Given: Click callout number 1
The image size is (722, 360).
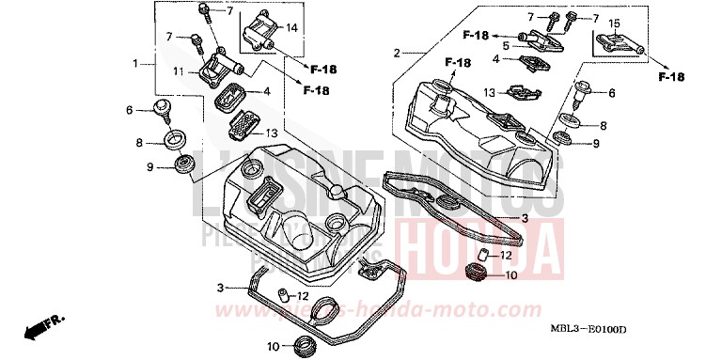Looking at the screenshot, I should click(136, 63).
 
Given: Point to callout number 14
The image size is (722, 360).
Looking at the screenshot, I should click(291, 29).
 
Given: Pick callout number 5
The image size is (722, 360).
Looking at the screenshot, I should click(506, 44).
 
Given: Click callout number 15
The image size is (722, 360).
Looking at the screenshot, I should click(614, 23).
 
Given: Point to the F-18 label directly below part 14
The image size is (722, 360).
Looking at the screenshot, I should click(322, 70).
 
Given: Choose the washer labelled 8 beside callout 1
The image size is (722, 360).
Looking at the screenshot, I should click(175, 142).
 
